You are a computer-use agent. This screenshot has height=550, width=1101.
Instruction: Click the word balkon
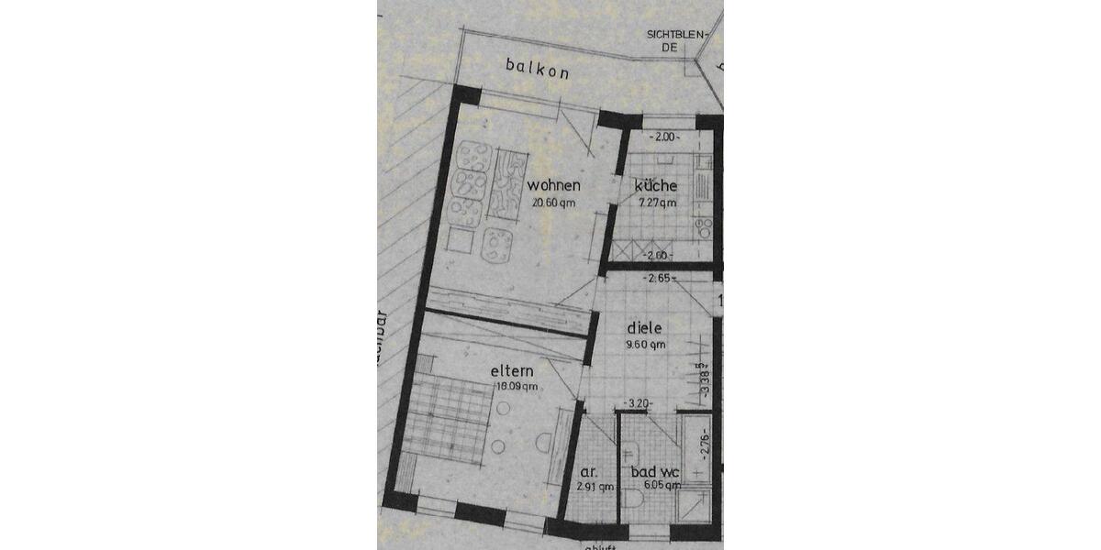point(537,67)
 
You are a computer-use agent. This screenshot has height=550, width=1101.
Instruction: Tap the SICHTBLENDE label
point(679,41)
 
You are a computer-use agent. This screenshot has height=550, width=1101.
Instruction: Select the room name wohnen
point(553,186)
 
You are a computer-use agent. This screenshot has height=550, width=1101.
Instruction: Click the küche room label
point(656,186)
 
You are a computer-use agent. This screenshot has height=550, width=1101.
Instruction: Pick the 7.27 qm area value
point(656,203)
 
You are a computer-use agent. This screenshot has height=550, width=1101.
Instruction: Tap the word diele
point(644,327)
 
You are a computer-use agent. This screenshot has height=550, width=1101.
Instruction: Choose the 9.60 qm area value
point(645,345)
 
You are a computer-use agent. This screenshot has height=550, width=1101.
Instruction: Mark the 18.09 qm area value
point(516,387)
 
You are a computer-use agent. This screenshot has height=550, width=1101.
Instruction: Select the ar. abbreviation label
point(588,472)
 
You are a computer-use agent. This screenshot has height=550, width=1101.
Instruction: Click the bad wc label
point(655,472)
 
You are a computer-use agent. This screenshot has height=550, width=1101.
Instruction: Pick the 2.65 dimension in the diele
point(661,278)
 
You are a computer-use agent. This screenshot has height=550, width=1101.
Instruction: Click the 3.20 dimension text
point(639,403)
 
